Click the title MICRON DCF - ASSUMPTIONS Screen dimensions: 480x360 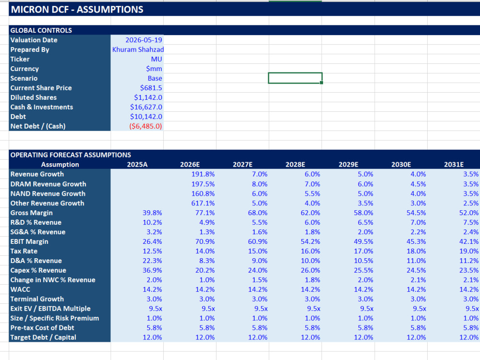tap(77, 10)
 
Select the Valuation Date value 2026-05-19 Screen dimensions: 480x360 tap(144, 40)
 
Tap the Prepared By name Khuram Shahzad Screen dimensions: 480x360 tap(138, 49)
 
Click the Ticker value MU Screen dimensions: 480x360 tap(156, 59)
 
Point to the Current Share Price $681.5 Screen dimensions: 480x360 tap(151, 88)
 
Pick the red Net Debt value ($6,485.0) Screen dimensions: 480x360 tap(145, 126)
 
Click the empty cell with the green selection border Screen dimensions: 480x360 tap(295, 78)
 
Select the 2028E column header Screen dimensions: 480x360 tap(295, 164)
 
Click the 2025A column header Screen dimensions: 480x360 tap(137, 164)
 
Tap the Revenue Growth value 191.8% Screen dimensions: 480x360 tap(203, 174)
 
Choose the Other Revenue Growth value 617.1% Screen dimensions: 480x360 tap(203, 203)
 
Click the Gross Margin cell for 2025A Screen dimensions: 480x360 tap(152, 213)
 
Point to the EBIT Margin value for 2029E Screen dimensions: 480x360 tap(363, 241)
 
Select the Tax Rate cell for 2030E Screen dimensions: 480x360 tap(416, 251)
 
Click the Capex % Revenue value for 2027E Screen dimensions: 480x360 tap(257, 270)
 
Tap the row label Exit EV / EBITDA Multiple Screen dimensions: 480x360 tap(50, 309)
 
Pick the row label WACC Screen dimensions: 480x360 tap(20, 289)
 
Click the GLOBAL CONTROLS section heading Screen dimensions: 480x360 tap(41, 30)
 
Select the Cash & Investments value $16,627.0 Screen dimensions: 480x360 tap(146, 107)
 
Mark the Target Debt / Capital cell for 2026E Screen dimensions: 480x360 tap(205, 337)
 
